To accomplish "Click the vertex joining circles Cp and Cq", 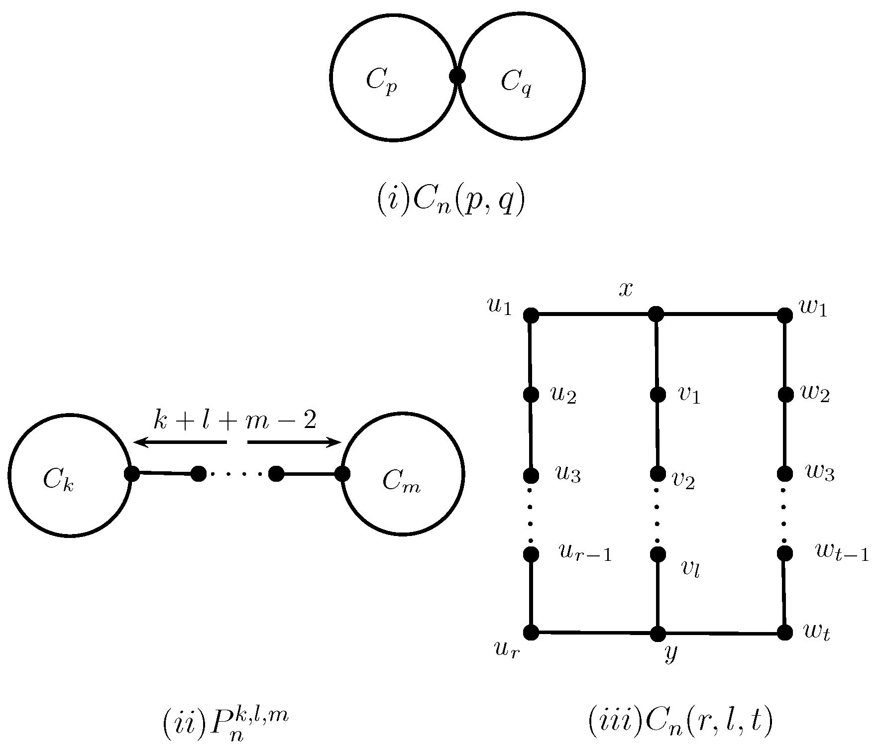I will click(457, 77).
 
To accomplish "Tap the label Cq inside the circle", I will click(516, 82).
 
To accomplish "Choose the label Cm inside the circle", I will click(401, 482).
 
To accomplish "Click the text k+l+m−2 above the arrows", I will click(235, 421).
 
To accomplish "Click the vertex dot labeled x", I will click(656, 314).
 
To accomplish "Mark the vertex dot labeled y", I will click(658, 634).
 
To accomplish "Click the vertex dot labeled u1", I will click(531, 315).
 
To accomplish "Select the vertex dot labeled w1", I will click(785, 315).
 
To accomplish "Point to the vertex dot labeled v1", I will click(658, 395).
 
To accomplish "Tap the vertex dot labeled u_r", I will click(531, 632).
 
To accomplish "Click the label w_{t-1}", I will click(842, 552).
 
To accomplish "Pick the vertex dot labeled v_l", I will click(658, 554).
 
